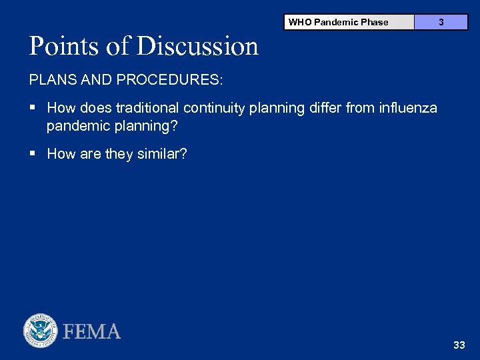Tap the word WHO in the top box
point(299,22)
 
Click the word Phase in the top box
point(375,22)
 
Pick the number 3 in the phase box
point(441,22)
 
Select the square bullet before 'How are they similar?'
point(33,154)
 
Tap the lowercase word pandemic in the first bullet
point(75,126)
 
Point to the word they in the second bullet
point(119,154)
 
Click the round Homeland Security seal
point(41,331)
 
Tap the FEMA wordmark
point(92,331)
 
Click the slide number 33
point(459,345)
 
